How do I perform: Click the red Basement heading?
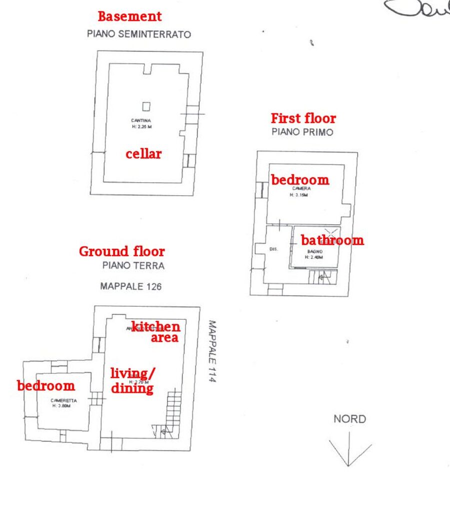129,17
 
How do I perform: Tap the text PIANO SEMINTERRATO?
139,34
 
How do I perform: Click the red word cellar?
143,154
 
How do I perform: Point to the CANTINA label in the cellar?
141,121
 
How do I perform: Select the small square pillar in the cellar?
146,106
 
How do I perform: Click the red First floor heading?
303,119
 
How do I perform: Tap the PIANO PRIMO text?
302,132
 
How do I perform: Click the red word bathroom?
332,240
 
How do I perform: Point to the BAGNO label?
315,251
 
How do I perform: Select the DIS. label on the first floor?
273,249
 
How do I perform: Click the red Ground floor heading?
121,251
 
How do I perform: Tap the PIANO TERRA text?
133,266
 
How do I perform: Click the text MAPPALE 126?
130,287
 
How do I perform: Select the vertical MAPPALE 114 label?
211,352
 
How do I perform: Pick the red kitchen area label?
156,332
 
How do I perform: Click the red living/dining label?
132,380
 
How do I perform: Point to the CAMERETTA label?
63,400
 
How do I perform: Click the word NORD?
349,419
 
